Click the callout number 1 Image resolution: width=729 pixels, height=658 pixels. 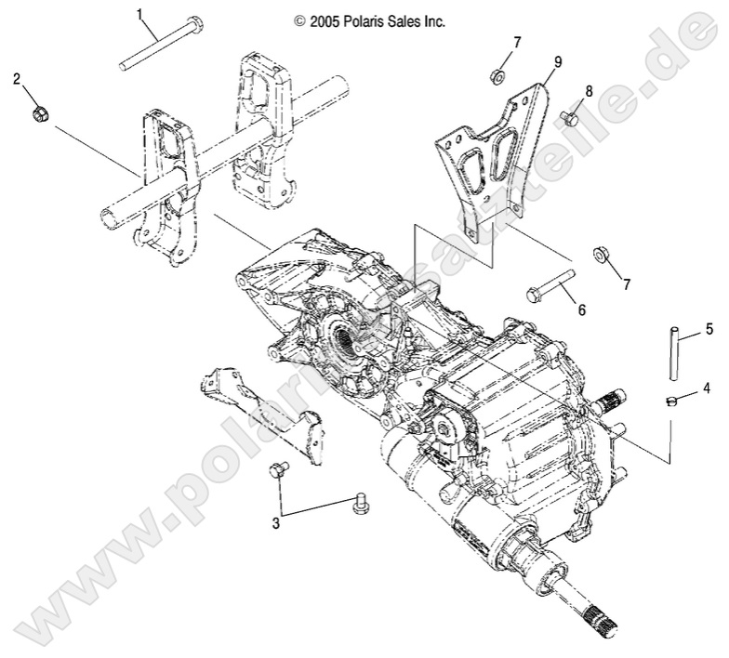click(x=140, y=14)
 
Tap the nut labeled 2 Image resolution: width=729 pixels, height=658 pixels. click(x=40, y=113)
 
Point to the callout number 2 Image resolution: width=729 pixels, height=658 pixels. click(x=17, y=79)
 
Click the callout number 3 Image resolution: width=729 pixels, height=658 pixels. click(x=276, y=523)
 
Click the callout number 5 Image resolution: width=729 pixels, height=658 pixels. click(x=708, y=328)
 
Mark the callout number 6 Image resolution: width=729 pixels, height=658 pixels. click(x=581, y=309)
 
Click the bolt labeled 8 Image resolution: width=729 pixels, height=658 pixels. click(x=569, y=118)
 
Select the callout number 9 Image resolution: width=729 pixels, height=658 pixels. click(x=557, y=61)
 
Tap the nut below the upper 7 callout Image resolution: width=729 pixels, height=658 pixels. click(x=498, y=75)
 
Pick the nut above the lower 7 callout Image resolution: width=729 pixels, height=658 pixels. click(x=602, y=254)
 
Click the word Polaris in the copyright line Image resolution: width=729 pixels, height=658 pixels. click(x=355, y=20)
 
